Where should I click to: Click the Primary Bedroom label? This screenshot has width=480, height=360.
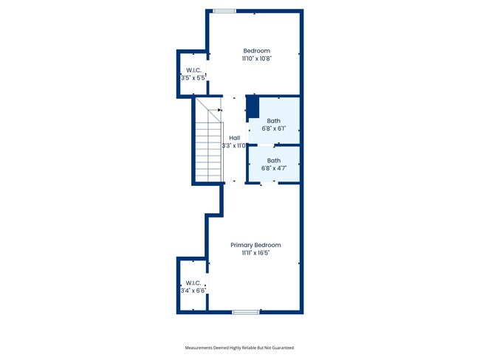256,245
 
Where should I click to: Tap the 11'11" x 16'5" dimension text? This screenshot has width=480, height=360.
256,253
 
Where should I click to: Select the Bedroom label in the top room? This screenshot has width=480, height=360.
256,50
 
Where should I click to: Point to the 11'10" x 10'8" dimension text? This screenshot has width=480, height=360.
256,58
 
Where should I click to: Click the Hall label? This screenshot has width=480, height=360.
234,138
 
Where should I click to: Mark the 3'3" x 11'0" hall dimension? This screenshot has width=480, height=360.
234,146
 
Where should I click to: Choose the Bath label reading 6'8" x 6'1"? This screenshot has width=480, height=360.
274,120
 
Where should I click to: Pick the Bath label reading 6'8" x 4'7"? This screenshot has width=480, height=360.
274,160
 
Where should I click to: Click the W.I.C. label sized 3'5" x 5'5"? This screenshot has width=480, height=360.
193,69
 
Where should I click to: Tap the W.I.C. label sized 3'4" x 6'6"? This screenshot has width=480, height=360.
193,283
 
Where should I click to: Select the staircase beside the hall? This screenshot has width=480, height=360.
209,140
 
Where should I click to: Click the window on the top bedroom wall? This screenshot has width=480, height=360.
224,11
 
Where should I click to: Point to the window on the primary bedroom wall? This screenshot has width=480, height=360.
244,312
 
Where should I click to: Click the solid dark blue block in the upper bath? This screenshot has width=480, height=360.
252,107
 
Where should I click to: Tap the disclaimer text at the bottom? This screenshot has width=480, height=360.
239,347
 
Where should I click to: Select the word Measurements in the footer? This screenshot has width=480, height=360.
200,347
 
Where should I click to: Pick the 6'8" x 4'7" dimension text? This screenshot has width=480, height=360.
274,168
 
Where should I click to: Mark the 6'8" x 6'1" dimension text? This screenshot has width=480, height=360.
274,128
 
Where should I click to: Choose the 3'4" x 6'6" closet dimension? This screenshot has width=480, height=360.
193,291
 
